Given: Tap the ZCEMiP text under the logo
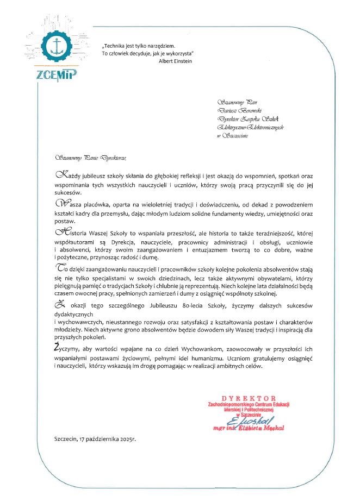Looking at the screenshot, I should point(54,75).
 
